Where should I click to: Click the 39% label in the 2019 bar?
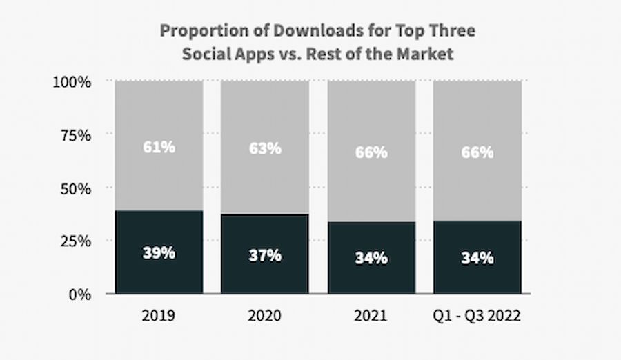pyautogui.click(x=159, y=253)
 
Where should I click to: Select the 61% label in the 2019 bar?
pyautogui.click(x=159, y=147)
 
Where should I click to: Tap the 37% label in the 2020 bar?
pyautogui.click(x=265, y=255)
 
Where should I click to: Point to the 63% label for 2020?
pyautogui.click(x=265, y=148)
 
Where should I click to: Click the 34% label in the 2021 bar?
pyautogui.click(x=371, y=258)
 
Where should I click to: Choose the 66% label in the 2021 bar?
pyautogui.click(x=371, y=152)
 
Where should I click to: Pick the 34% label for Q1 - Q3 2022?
pyautogui.click(x=477, y=258)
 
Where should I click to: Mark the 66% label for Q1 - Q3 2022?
pyautogui.click(x=477, y=152)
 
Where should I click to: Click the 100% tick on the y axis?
pyautogui.click(x=72, y=82)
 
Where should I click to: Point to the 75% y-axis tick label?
pyautogui.click(x=75, y=135)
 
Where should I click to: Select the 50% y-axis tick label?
pyautogui.click(x=75, y=188)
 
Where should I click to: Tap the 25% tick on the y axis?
pyautogui.click(x=75, y=241)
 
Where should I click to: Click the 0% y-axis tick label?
pyautogui.click(x=79, y=294)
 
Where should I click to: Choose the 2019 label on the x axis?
pyautogui.click(x=159, y=317)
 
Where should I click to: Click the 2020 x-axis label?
pyautogui.click(x=265, y=317)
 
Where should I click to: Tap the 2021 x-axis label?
pyautogui.click(x=371, y=317)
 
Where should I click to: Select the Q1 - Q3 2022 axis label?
pyautogui.click(x=477, y=317)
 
